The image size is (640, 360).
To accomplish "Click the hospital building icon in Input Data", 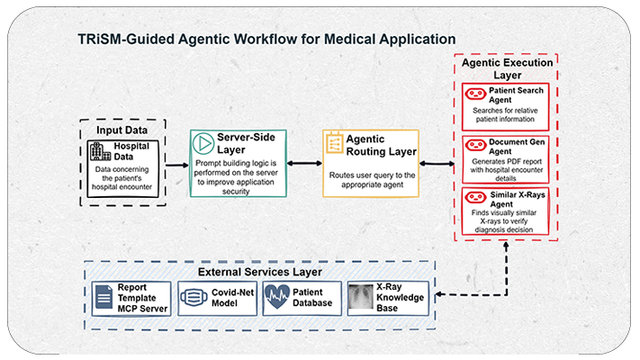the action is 100,151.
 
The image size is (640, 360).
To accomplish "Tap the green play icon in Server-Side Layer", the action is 203,143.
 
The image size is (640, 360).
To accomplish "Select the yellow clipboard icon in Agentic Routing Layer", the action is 334,142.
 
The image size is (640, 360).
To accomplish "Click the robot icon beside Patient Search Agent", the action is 475,94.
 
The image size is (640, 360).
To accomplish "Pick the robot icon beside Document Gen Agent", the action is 475,145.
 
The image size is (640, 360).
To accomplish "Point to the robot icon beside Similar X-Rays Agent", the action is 475,197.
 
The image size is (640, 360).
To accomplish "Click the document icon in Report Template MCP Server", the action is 104,297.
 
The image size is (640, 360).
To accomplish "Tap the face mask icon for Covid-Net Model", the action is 194,298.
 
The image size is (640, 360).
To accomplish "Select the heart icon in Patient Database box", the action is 276,296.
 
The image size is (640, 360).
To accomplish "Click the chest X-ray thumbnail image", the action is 361,297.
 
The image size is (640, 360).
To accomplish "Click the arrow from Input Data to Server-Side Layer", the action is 177,166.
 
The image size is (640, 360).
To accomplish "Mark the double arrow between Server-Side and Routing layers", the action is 304,163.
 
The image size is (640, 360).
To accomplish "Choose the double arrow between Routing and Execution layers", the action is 437,164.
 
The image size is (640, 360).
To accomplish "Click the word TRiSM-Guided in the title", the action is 126,40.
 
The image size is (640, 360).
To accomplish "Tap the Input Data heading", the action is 122,130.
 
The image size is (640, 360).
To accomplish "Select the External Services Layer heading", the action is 260,272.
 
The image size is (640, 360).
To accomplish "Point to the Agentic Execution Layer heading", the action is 508,68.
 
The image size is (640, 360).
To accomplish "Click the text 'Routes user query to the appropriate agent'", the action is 373,180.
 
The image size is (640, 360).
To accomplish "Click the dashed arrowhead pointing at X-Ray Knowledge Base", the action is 439,294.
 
